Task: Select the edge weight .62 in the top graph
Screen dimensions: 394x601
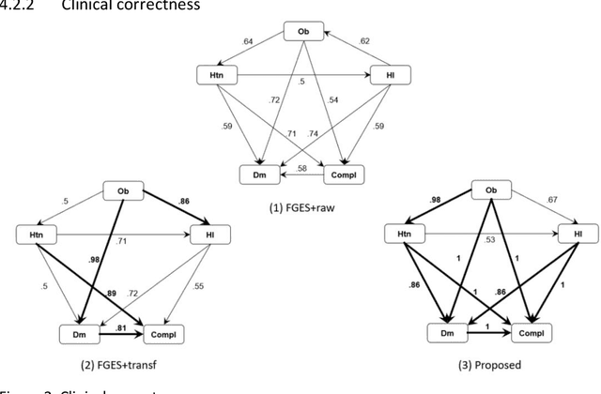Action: click(364, 41)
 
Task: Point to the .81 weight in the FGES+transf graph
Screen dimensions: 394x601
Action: click(119, 327)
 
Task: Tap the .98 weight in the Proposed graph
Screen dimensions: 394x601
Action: click(434, 198)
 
